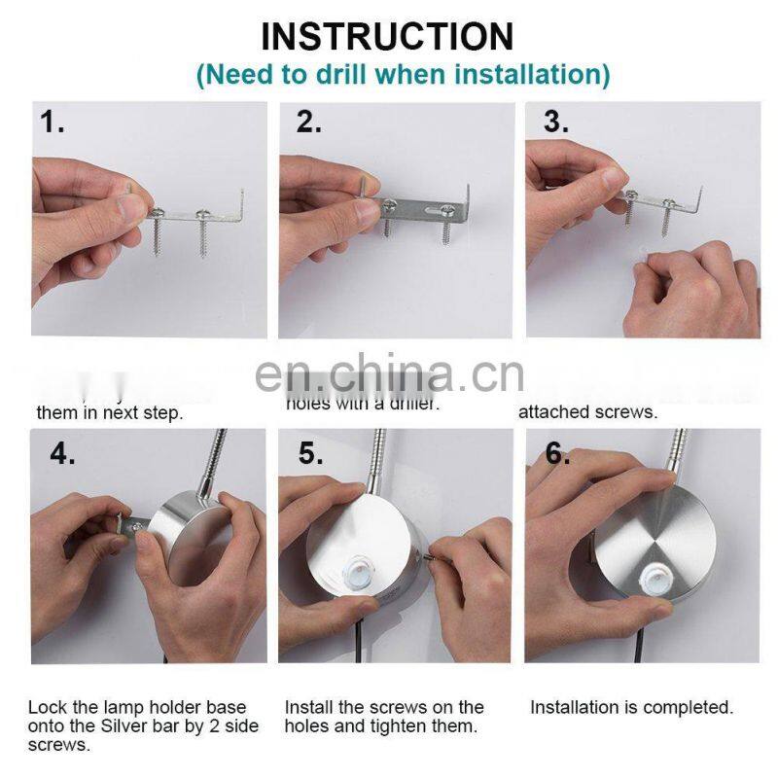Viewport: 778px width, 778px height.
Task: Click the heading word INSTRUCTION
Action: [387, 36]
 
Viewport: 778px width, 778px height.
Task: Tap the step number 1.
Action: [53, 123]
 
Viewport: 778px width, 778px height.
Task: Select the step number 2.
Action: [310, 123]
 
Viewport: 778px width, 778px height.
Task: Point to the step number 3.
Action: [556, 123]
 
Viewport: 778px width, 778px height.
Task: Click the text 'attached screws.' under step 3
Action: [587, 412]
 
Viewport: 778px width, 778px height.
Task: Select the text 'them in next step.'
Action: [109, 413]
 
